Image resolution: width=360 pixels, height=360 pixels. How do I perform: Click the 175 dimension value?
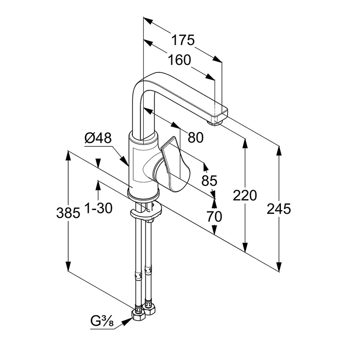[183, 40]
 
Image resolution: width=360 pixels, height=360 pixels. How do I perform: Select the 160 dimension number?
[179, 60]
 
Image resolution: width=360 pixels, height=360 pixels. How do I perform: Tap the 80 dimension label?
[195, 137]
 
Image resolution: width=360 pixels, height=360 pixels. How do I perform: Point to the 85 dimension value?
[209, 181]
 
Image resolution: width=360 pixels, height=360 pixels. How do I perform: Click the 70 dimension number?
[214, 217]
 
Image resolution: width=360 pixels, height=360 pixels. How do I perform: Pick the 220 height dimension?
[245, 195]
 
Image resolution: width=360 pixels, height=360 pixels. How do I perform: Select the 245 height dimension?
[279, 209]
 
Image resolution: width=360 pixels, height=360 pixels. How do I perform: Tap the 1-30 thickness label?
[98, 208]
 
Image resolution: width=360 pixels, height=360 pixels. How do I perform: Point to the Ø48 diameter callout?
[98, 138]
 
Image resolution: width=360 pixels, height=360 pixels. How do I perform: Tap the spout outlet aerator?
[215, 123]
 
